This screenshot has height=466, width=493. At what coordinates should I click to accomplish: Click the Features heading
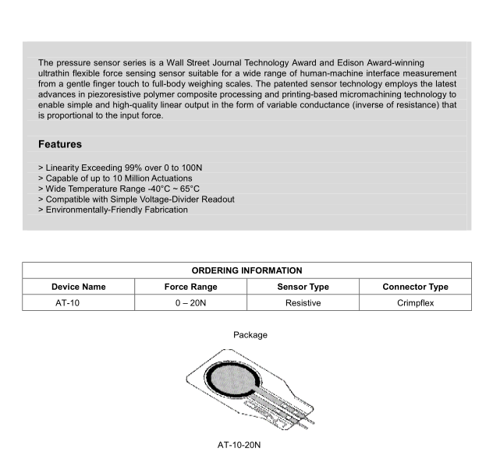point(60,144)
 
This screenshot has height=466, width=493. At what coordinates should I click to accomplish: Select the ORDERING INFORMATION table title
point(247,270)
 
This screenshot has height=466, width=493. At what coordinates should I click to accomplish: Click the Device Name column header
point(79,287)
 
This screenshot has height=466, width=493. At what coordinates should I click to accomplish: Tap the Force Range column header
point(190,287)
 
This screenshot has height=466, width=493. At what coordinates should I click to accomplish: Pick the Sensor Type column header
point(303,287)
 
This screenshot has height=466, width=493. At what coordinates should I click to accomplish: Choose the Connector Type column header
point(415,287)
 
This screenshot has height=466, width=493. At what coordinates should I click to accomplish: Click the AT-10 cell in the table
point(66,302)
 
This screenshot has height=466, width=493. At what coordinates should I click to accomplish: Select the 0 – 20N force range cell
point(190,302)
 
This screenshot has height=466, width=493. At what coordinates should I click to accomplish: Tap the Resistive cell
point(303,302)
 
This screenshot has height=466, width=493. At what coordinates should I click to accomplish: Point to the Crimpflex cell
point(415,302)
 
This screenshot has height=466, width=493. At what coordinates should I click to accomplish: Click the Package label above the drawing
point(250,335)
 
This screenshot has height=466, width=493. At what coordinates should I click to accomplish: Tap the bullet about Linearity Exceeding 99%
point(115,168)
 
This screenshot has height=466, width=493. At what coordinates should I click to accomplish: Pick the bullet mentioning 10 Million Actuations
point(115,178)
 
